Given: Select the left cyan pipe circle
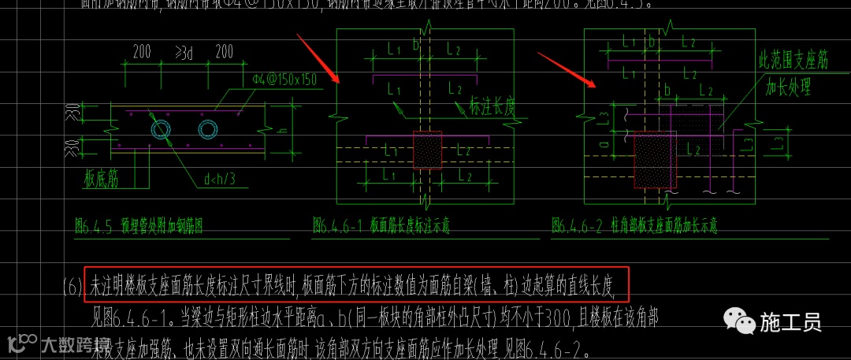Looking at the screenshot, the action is tap(162, 128).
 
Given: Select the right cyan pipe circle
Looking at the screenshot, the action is tap(209, 128).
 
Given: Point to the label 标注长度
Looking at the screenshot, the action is tap(492, 105).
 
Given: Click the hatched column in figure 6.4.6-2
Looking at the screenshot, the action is tap(653, 158).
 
